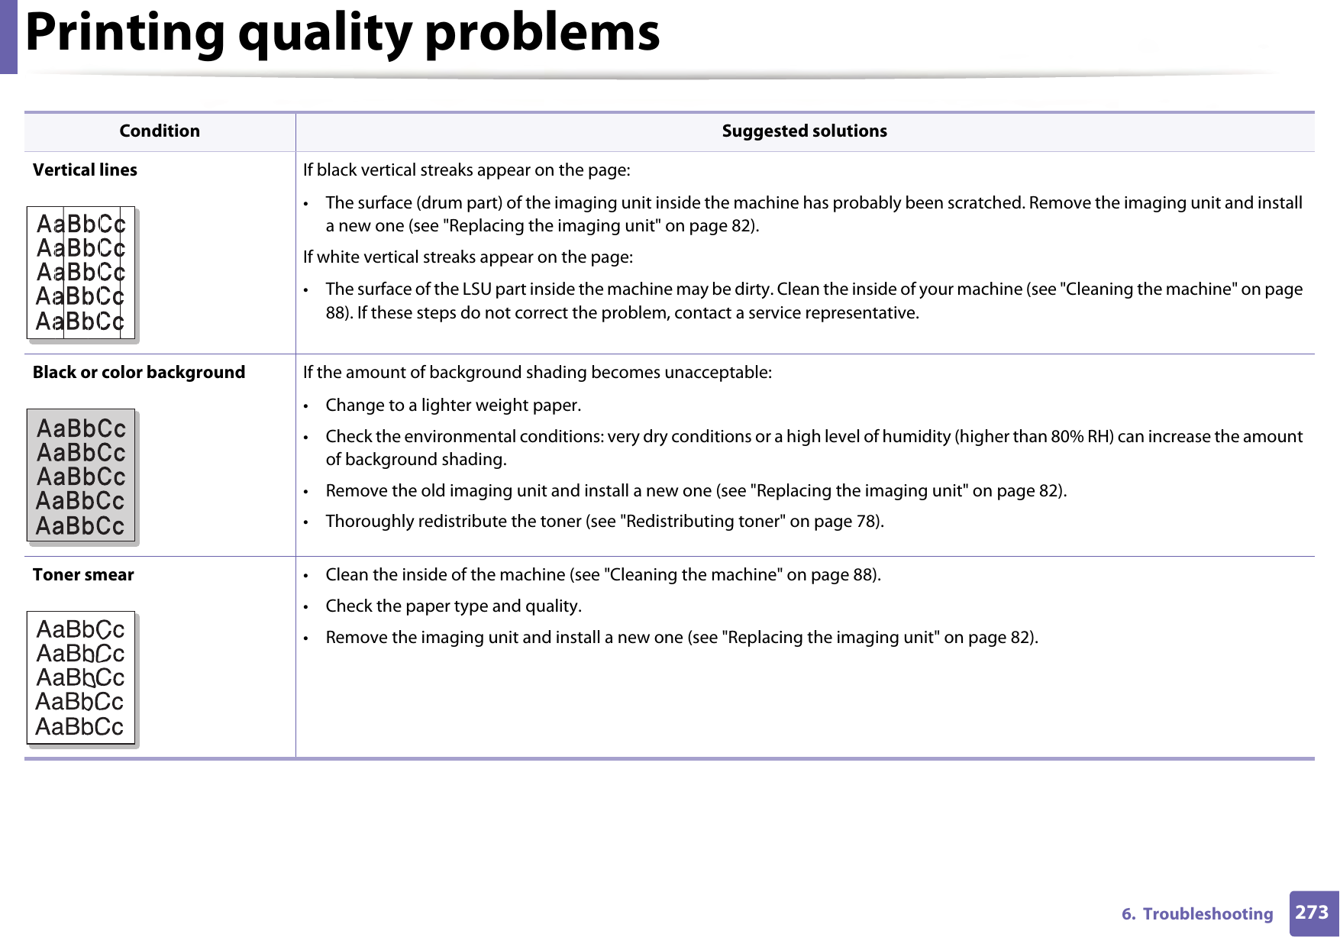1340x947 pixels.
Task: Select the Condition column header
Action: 160,131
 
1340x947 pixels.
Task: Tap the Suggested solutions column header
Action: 804,131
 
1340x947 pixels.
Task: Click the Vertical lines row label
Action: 85,170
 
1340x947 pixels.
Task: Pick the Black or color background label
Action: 139,373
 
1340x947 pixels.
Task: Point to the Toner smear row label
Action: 83,575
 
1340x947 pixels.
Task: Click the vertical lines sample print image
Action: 81,273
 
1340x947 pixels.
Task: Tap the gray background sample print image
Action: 81,475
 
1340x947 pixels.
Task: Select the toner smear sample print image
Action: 81,677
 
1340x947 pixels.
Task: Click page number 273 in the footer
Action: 1312,913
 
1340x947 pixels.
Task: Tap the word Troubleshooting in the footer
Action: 1207,914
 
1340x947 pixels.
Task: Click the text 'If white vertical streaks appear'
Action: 467,257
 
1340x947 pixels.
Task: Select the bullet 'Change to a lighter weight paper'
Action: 453,406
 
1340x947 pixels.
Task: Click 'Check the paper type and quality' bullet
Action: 453,606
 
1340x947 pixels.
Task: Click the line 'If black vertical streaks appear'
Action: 466,170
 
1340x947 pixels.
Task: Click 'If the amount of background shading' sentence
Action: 537,373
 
